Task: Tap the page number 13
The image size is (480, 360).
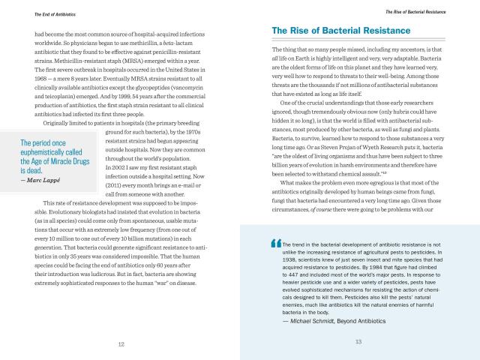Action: (358, 343)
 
